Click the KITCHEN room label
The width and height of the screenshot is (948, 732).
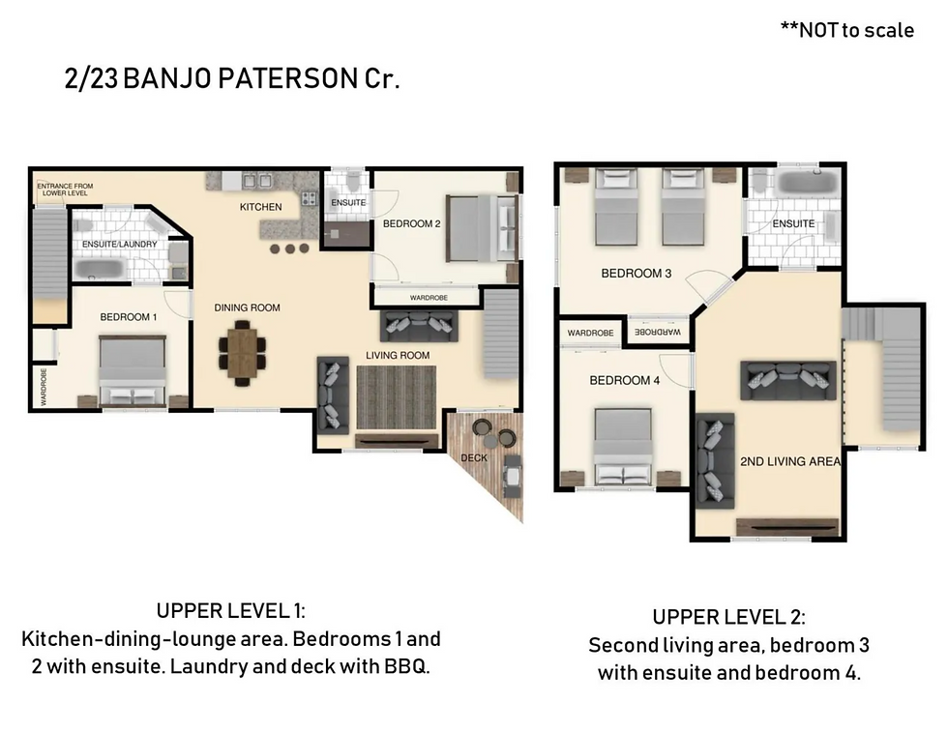tap(260, 207)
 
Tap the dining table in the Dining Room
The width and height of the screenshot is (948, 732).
tap(242, 353)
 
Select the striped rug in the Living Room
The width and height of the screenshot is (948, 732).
tap(396, 397)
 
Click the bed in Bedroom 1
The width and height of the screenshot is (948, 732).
tap(133, 371)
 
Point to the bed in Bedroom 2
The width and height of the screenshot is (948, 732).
tap(482, 228)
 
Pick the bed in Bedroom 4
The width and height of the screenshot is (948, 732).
tap(623, 446)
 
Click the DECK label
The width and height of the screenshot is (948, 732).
tap(473, 457)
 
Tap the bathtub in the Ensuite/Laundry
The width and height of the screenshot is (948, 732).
tap(100, 269)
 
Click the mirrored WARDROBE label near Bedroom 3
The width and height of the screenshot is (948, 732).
tap(657, 332)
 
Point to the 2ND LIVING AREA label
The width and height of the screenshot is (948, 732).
tap(790, 461)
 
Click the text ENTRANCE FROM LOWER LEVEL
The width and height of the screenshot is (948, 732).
tap(66, 190)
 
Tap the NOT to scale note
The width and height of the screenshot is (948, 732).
tap(847, 30)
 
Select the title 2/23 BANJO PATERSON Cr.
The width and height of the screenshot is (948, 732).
tap(232, 78)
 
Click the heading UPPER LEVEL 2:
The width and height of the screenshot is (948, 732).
tap(728, 617)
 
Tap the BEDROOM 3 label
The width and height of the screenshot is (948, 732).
tap(637, 274)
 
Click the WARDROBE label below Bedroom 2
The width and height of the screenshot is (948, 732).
tap(429, 298)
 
